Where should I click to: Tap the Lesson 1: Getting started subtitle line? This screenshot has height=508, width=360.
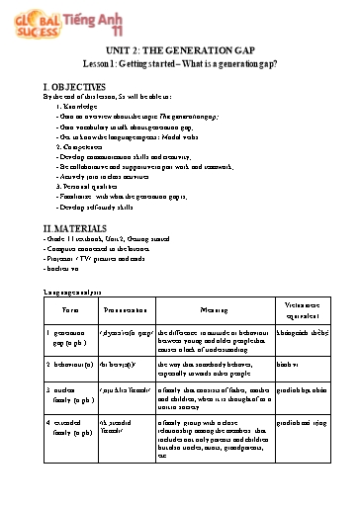[179, 73]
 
